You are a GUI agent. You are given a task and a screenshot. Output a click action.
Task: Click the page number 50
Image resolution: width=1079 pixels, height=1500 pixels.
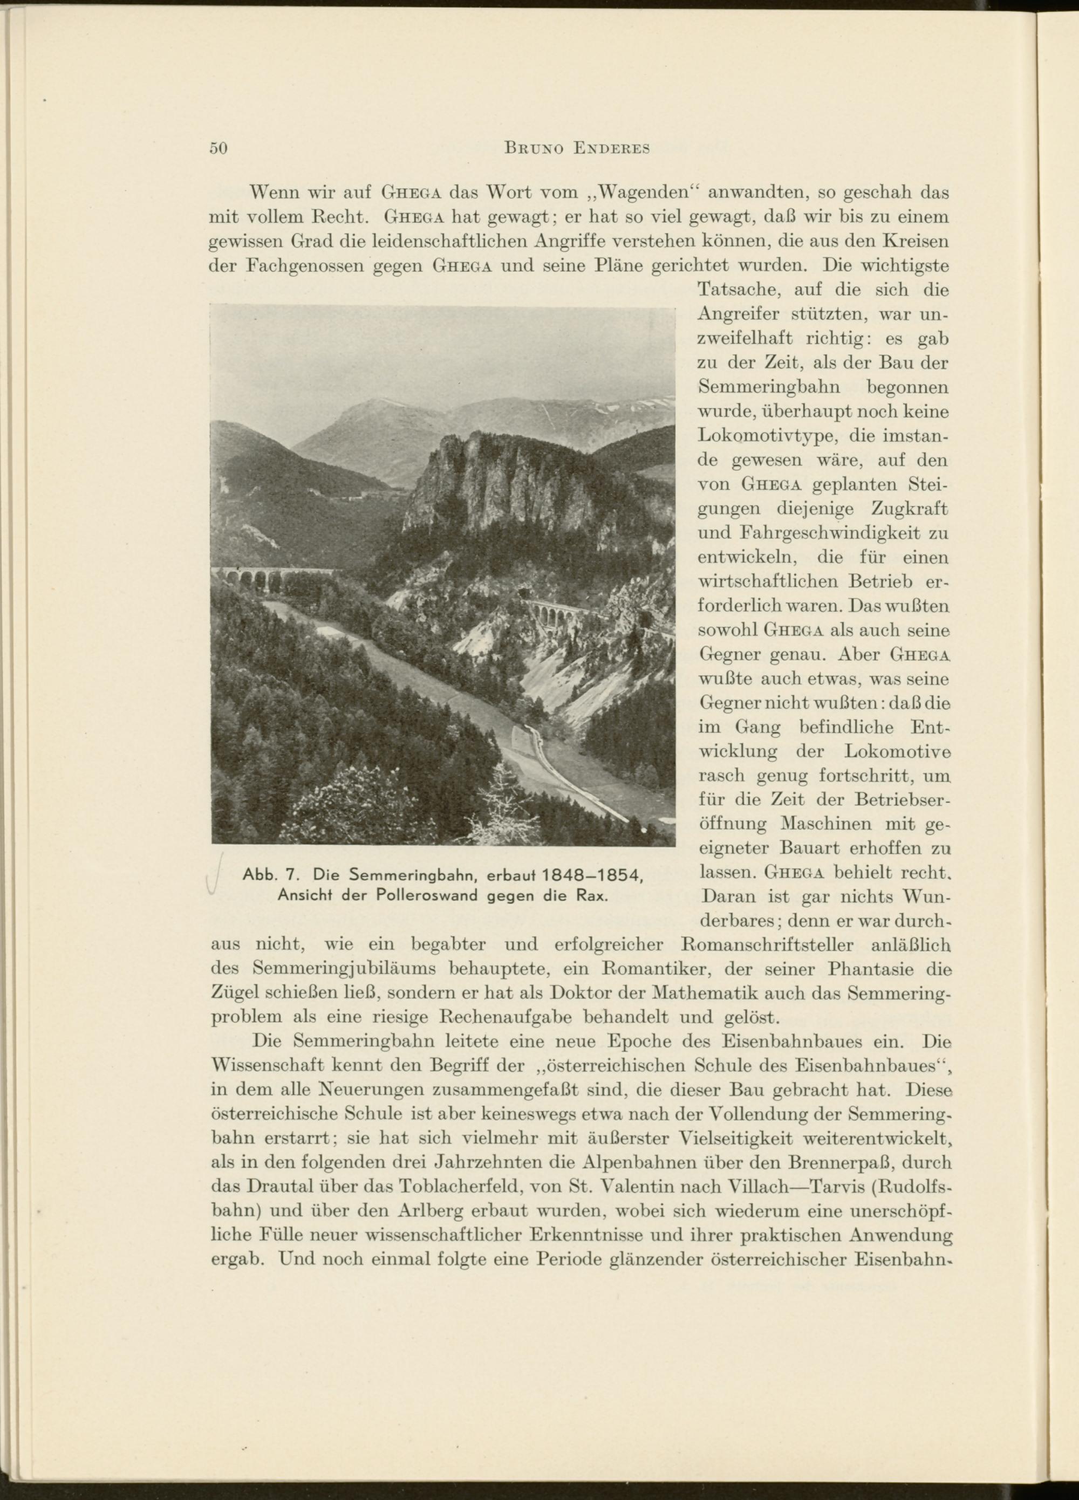[x=218, y=148]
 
